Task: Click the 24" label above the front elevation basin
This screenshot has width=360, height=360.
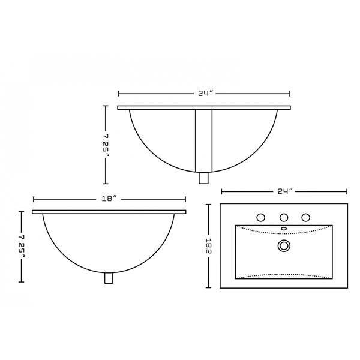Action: pos(205,94)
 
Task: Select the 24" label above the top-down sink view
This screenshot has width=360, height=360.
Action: pos(284,191)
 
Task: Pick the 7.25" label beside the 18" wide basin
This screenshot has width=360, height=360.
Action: pos(22,246)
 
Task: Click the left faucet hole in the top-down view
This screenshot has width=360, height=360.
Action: pos(262,217)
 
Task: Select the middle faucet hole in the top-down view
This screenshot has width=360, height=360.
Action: pos(284,217)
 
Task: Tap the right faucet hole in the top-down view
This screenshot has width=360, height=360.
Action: pos(305,217)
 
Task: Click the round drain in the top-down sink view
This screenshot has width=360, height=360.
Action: pos(283,245)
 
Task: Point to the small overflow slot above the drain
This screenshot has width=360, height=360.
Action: pos(283,229)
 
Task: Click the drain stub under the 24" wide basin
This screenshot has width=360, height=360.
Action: pos(204,178)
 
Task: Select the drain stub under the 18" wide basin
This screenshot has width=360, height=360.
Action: pos(109,278)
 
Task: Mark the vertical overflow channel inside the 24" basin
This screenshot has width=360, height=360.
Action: pos(204,140)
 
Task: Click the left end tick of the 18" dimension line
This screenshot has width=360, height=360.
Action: pos(33,199)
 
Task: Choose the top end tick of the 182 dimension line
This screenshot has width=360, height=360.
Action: pos(209,205)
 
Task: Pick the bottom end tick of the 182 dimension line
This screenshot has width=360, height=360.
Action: pos(209,287)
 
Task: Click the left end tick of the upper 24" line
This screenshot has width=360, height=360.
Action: pos(118,94)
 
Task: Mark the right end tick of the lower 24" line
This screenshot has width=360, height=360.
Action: pos(347,191)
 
